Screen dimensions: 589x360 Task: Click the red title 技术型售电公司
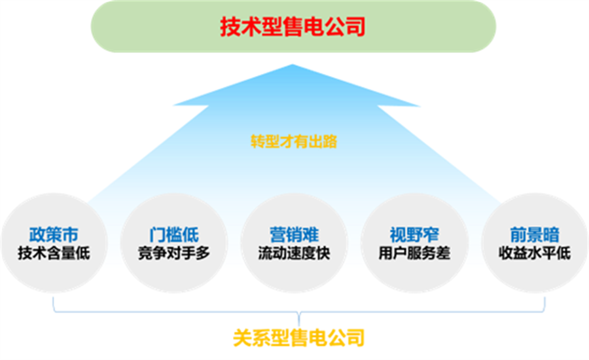click(x=293, y=26)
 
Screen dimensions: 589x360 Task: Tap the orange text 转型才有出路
click(x=294, y=141)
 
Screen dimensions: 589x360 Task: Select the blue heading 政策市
click(x=54, y=234)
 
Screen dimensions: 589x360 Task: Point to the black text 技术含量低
click(x=54, y=253)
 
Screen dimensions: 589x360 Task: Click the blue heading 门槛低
click(x=174, y=234)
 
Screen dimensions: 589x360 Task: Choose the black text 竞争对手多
click(x=174, y=253)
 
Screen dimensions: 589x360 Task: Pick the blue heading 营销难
click(x=294, y=234)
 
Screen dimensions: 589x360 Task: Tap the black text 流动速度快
click(x=294, y=253)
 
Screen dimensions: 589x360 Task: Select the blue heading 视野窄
click(x=414, y=234)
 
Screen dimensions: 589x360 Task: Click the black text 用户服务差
click(x=414, y=253)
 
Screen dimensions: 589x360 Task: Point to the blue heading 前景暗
click(x=535, y=234)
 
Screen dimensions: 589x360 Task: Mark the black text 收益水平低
click(x=535, y=253)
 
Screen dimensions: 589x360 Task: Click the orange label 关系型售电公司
click(x=299, y=338)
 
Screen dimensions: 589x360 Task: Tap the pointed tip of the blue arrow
click(x=293, y=65)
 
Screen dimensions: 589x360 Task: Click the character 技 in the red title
click(x=230, y=26)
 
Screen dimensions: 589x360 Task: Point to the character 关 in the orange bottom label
click(x=242, y=338)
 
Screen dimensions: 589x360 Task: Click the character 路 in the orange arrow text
click(x=330, y=141)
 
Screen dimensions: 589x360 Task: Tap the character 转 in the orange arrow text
click(x=258, y=141)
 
